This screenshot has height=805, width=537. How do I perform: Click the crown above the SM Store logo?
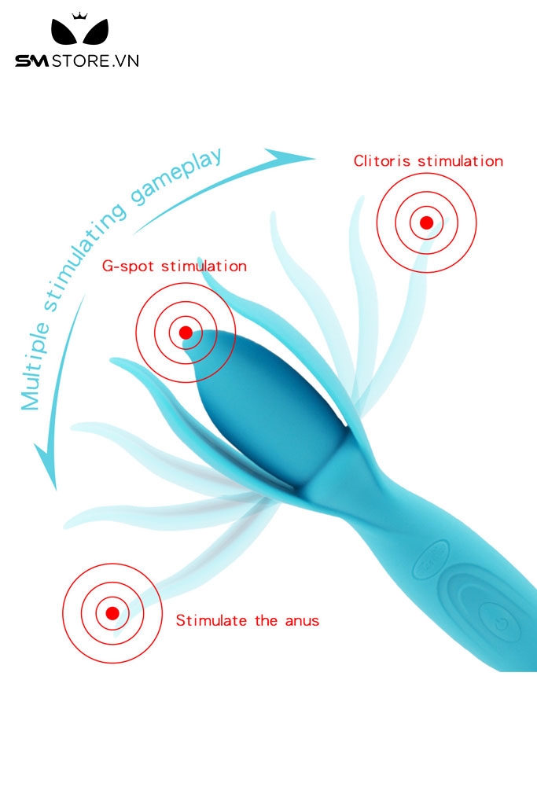(x=79, y=16)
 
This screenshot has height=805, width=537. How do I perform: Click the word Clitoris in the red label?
(x=383, y=161)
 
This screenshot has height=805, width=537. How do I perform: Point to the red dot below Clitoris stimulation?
(x=426, y=222)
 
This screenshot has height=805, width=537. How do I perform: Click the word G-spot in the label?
(x=129, y=266)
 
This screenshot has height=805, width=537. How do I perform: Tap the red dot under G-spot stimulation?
(x=186, y=333)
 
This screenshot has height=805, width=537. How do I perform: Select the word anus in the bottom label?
(x=302, y=620)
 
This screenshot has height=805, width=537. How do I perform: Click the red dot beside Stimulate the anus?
(x=112, y=612)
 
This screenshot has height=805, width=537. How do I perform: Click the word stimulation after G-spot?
(x=204, y=266)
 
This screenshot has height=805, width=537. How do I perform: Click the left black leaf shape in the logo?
(x=64, y=35)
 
